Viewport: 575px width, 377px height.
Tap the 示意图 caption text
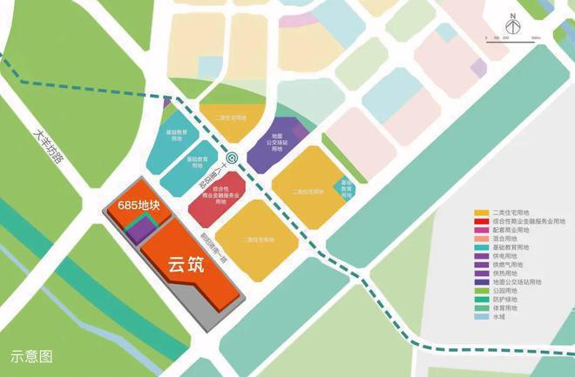pos(31,355)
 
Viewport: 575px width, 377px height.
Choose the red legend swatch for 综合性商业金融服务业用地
pos(480,221)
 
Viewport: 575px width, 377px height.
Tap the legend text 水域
pos(500,317)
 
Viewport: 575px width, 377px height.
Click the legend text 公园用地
pos(508,291)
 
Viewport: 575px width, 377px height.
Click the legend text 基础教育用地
pos(511,247)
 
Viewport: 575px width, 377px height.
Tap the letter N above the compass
pos(513,17)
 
